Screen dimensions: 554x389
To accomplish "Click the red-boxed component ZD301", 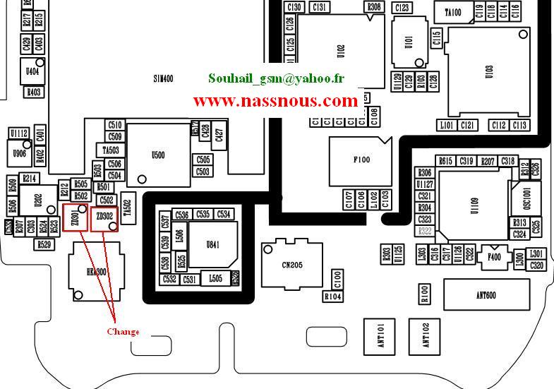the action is click(x=76, y=217).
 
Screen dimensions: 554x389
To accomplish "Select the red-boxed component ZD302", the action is click(x=104, y=218).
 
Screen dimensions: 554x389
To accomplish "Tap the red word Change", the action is click(x=123, y=332).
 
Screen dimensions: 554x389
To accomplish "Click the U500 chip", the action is click(x=157, y=156).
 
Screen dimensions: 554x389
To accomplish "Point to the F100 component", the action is click(x=361, y=160).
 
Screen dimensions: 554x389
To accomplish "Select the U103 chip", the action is click(x=488, y=71).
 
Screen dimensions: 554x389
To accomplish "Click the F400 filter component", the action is click(x=493, y=258).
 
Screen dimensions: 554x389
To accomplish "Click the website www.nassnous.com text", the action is click(x=275, y=101).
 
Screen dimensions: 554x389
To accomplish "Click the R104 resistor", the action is click(x=333, y=297).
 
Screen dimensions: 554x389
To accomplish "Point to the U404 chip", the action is click(x=32, y=71).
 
